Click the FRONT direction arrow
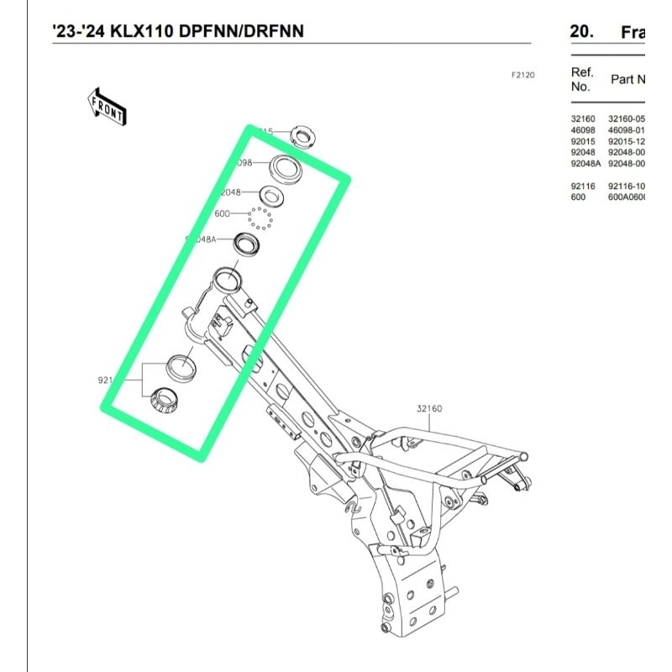point(107,105)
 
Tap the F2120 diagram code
point(522,75)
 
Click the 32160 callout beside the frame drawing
point(428,409)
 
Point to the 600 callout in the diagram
point(223,214)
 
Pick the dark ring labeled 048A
point(246,243)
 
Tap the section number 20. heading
point(581,32)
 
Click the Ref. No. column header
point(582,78)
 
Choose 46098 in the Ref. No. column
point(583,130)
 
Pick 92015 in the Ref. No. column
point(583,142)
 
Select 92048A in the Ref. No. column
point(585,164)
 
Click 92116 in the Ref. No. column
point(583,186)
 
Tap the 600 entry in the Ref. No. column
point(578,197)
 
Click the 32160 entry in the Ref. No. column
point(583,119)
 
